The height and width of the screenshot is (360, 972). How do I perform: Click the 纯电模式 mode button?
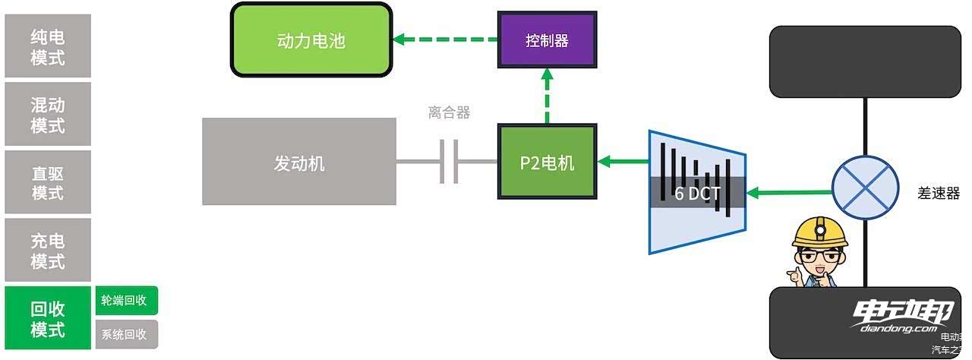[x=48, y=47]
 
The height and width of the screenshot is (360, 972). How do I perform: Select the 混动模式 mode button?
[x=48, y=115]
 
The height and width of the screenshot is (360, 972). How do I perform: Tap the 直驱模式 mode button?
[x=48, y=182]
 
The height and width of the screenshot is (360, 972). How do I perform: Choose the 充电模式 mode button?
[x=48, y=251]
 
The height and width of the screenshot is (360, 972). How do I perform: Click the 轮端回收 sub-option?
[x=127, y=301]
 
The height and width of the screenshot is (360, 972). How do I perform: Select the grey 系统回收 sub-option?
[x=127, y=334]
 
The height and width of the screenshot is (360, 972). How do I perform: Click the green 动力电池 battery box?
[x=311, y=39]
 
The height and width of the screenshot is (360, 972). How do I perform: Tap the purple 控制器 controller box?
[x=547, y=40]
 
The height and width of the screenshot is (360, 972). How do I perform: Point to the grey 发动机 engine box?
[x=299, y=162]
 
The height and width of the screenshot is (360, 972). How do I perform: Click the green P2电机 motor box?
[x=547, y=162]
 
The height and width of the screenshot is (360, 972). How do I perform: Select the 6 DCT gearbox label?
[x=697, y=193]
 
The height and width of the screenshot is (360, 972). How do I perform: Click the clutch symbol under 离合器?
[x=450, y=161]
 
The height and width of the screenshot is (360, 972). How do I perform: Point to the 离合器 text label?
[x=450, y=113]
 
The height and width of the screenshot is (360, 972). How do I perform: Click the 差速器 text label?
[x=939, y=193]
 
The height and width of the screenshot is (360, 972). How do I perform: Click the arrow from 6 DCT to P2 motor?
[x=623, y=161]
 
